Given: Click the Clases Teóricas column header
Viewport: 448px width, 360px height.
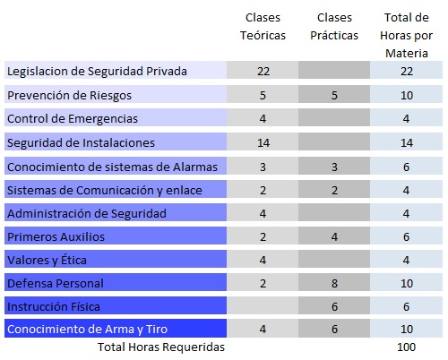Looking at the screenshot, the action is (x=263, y=27).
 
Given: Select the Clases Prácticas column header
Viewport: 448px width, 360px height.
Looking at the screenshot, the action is (x=334, y=27).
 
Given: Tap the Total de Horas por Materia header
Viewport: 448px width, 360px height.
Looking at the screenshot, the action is (x=407, y=35).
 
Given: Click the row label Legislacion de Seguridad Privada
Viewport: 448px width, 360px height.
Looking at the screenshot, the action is (x=97, y=72).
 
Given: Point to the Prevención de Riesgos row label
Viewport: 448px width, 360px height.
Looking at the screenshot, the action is (x=69, y=96).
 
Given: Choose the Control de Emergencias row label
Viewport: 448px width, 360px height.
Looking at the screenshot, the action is (x=73, y=119).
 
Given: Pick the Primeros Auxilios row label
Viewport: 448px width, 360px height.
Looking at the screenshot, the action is (x=56, y=236).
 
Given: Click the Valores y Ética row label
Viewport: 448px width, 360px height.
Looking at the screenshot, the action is (x=47, y=260).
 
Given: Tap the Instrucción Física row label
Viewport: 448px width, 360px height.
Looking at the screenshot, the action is (x=54, y=306).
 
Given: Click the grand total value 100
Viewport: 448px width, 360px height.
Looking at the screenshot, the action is (x=407, y=347).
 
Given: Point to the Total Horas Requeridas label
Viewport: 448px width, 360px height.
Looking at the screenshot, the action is (x=161, y=347).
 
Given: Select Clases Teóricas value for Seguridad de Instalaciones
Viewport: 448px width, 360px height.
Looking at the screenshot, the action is (x=263, y=142).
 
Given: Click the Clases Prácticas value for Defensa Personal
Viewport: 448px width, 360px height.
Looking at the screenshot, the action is (x=334, y=283).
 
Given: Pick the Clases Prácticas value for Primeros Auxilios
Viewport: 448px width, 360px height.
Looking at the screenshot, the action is (x=334, y=236).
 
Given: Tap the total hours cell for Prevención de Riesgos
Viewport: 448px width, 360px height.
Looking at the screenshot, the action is (x=407, y=96).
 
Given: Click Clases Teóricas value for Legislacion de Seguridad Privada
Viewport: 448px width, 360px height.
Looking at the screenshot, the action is (x=263, y=72).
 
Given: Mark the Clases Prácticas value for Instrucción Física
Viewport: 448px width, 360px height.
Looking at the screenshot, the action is (x=334, y=306).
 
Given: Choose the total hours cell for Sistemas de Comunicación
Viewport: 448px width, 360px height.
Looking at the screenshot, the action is (x=406, y=190).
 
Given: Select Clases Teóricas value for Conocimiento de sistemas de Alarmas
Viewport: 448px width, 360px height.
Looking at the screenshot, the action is (x=263, y=167).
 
